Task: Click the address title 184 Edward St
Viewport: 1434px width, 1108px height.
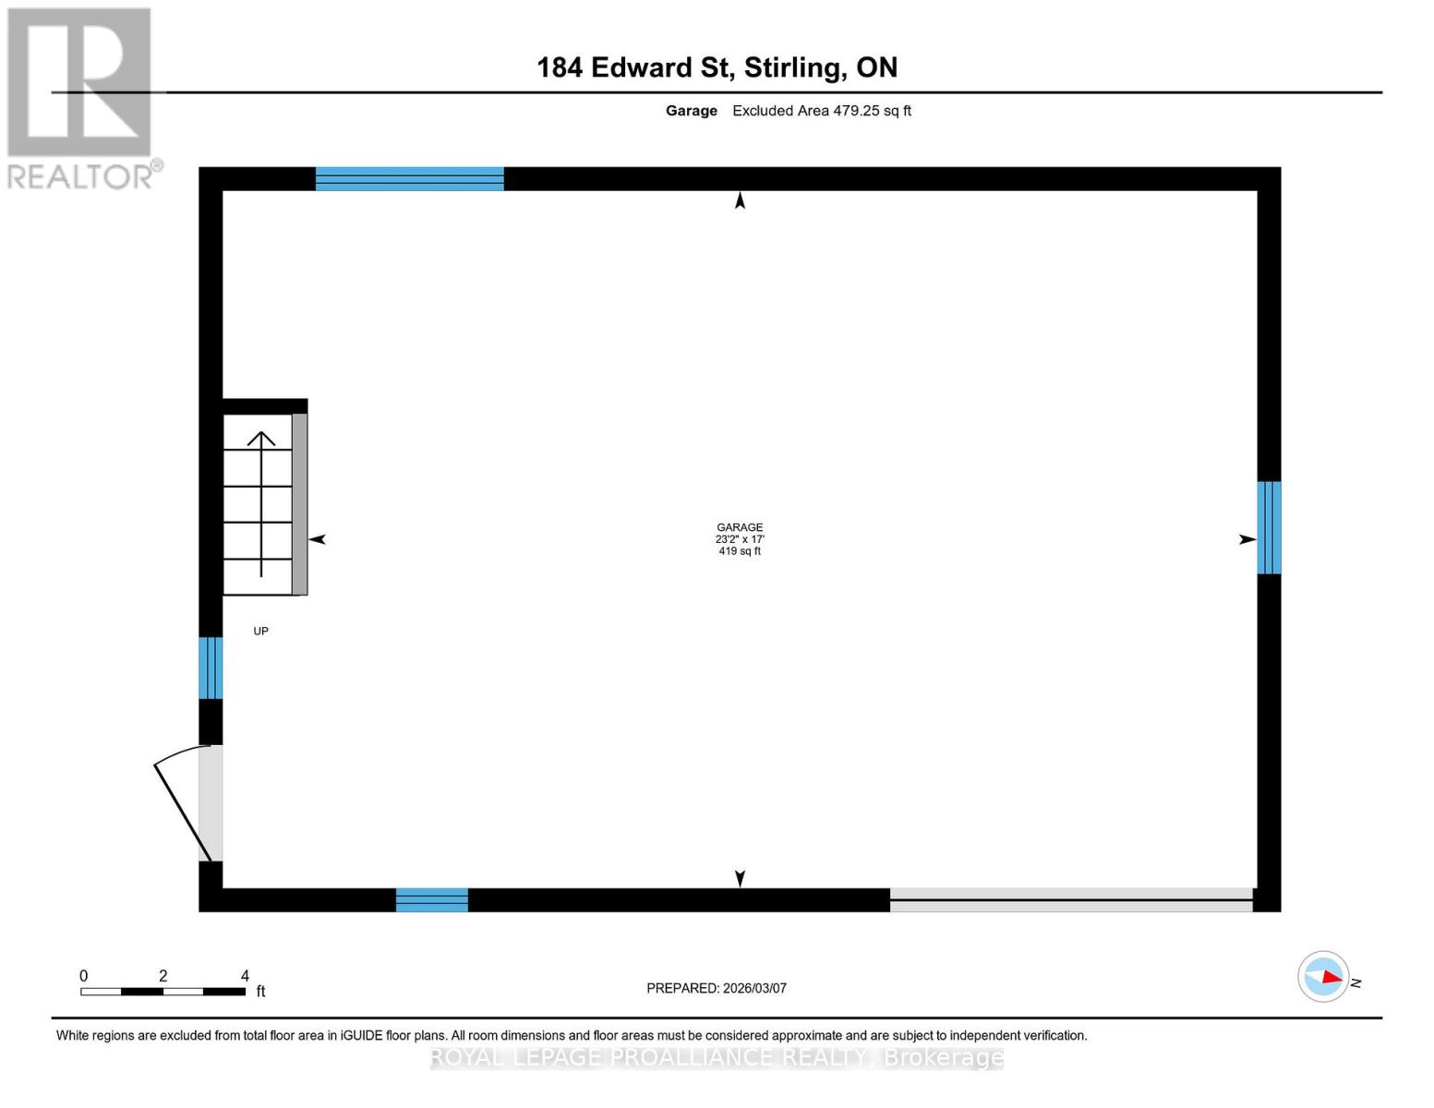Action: [x=717, y=67]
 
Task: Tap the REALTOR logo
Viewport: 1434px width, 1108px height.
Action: [x=81, y=98]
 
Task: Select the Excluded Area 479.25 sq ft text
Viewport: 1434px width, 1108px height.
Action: [x=821, y=111]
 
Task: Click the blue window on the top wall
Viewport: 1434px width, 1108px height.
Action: [x=409, y=179]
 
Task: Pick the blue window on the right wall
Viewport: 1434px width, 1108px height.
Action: [x=1269, y=527]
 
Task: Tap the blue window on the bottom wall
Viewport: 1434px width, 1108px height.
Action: [x=431, y=899]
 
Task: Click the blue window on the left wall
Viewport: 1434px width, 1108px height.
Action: [x=211, y=668]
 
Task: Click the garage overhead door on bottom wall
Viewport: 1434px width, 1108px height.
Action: [x=1071, y=899]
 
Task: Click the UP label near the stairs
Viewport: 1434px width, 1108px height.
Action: [x=261, y=632]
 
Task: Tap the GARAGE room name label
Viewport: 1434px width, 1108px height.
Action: [x=740, y=527]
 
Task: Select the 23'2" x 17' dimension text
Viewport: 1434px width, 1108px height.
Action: [x=740, y=539]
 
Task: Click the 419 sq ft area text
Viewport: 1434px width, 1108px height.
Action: [x=740, y=551]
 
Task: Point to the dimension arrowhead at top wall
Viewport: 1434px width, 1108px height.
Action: [x=740, y=200]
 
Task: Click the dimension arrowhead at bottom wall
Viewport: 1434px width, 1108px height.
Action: [x=740, y=878]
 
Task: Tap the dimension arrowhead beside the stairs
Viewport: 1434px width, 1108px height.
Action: [x=317, y=539]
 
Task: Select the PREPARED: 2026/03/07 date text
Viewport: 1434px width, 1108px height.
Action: [x=717, y=988]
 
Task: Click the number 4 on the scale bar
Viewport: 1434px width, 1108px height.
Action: [x=245, y=976]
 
